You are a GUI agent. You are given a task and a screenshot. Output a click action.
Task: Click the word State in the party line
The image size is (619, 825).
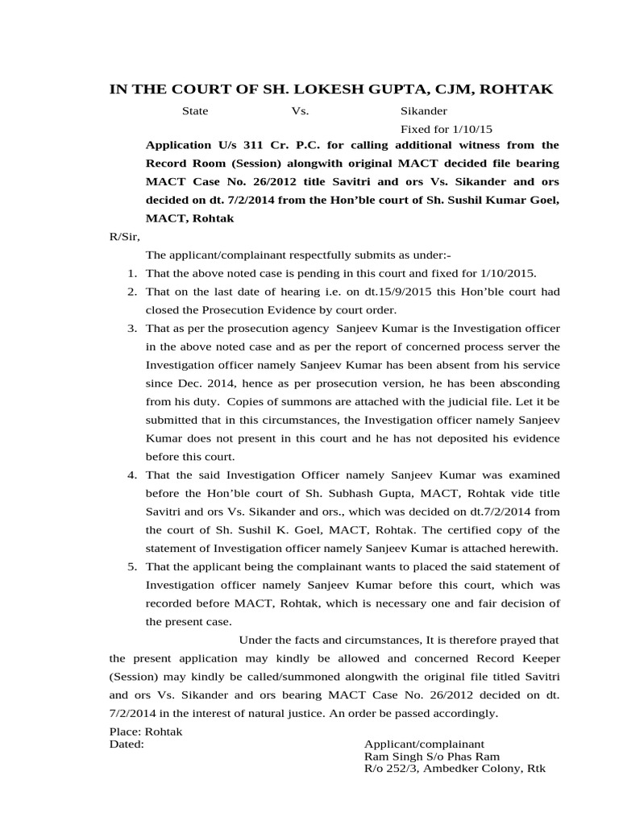tap(194, 112)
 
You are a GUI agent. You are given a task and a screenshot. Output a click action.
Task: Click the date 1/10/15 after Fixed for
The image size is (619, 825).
tap(473, 129)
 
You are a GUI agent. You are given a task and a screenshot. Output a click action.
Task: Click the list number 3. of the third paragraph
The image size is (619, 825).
tap(132, 329)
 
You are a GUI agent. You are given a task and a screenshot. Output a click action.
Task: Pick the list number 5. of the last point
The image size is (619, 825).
tap(132, 566)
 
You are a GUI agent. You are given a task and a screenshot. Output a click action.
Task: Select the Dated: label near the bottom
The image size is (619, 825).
tap(127, 744)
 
